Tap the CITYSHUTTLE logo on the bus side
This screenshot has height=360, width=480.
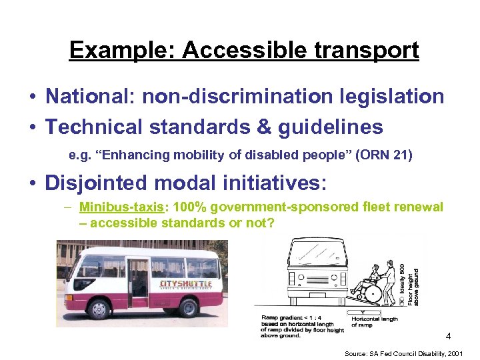click(186, 285)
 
